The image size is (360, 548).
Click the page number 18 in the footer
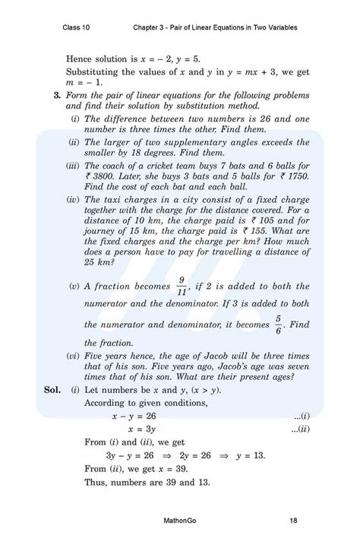(x=292, y=521)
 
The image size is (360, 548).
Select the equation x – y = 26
(x=134, y=416)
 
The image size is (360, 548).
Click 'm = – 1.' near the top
(x=84, y=82)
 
